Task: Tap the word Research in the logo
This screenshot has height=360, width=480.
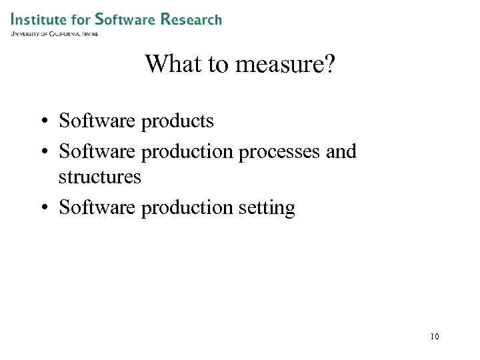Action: click(x=191, y=19)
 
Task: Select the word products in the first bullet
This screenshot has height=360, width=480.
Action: click(x=178, y=121)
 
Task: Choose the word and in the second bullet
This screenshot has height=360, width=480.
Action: click(x=341, y=151)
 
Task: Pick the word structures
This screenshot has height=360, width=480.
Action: click(x=100, y=177)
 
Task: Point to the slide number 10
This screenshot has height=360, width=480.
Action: click(x=435, y=337)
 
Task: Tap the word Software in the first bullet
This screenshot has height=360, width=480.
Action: click(x=97, y=121)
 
